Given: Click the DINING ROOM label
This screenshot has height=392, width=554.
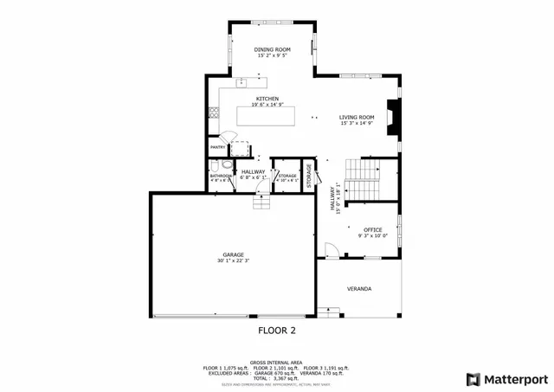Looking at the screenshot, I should point(272,50).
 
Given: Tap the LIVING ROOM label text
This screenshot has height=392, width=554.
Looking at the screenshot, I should point(356,117).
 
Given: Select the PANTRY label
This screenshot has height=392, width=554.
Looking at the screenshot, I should point(217,148).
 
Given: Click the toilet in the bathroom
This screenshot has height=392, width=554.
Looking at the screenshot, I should point(227,164).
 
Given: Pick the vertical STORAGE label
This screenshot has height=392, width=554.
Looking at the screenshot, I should point(308,173).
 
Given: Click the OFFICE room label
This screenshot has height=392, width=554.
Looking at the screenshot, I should point(372,229).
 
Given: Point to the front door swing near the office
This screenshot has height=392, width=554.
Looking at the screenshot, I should point(331,250).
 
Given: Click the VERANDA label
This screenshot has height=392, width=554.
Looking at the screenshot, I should point(359,288).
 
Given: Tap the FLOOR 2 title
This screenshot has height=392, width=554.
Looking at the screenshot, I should point(277,331).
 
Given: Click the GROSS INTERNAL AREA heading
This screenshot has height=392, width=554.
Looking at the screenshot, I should point(276,363).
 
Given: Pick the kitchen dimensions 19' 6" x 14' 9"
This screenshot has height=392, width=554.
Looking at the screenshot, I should point(267,105).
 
